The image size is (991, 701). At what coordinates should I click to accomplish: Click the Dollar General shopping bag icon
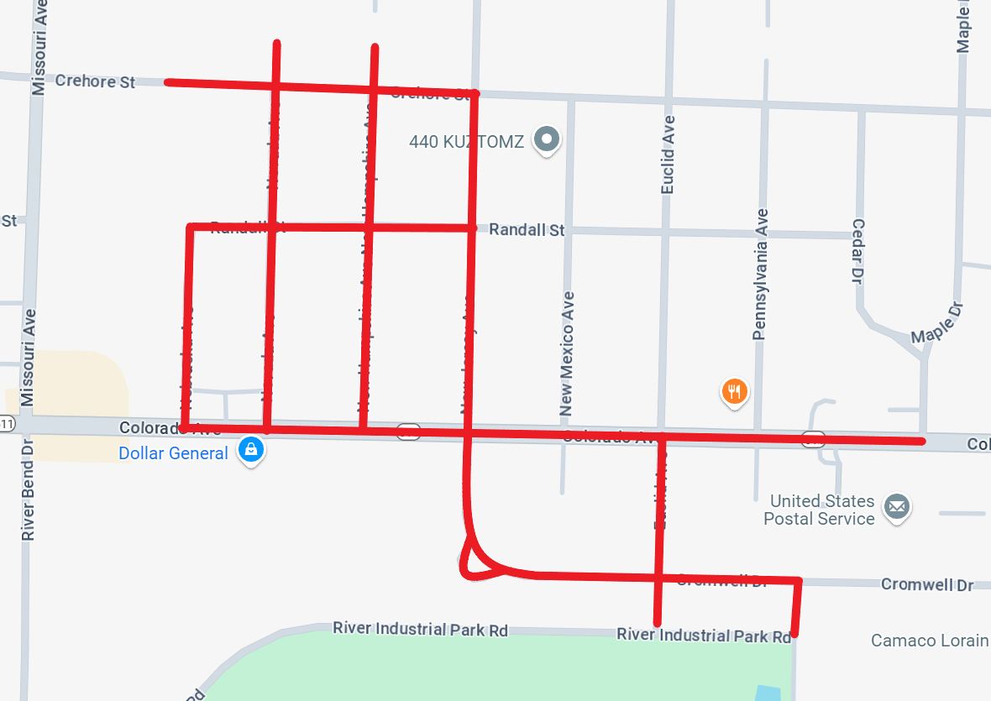tap(250, 451)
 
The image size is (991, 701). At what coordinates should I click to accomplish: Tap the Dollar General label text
tap(173, 453)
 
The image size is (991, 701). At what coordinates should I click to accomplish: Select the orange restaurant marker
tap(734, 391)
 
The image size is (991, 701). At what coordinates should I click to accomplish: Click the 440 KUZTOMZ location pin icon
tap(548, 139)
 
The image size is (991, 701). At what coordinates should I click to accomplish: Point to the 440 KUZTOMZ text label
tap(466, 142)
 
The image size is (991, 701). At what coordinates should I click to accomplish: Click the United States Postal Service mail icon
tap(897, 507)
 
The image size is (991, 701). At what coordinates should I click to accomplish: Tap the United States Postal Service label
tap(819, 510)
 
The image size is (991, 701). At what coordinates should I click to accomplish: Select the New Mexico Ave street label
tap(568, 354)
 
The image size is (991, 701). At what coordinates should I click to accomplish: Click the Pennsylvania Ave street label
tap(761, 274)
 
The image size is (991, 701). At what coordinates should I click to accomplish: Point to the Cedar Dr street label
tap(858, 251)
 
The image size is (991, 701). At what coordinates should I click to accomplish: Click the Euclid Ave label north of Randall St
tap(669, 155)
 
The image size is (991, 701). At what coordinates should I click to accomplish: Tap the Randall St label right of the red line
tap(527, 229)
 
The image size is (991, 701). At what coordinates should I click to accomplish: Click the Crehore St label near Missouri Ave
tap(95, 81)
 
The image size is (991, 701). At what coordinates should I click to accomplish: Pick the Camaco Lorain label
tap(929, 641)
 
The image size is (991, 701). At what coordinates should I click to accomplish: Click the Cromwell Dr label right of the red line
tap(927, 584)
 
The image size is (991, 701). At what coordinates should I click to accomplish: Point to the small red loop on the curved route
tap(471, 561)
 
